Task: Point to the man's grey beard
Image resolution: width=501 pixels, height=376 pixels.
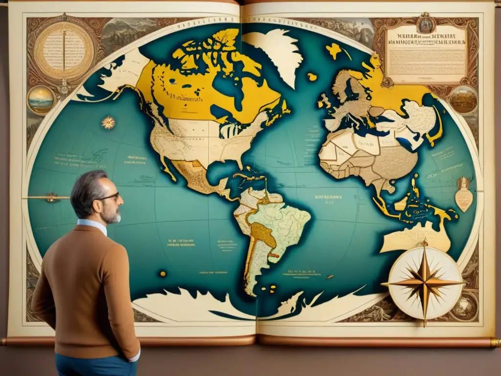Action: [113, 216]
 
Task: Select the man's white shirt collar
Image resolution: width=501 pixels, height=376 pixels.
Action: [93, 226]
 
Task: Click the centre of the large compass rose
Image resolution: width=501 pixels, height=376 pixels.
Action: [424, 282]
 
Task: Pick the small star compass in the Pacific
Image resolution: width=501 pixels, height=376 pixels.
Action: [108, 122]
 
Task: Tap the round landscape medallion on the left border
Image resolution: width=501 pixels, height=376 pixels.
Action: [41, 99]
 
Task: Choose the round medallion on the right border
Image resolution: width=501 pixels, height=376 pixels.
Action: [463, 99]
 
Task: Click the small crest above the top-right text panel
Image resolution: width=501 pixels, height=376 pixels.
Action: [426, 23]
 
